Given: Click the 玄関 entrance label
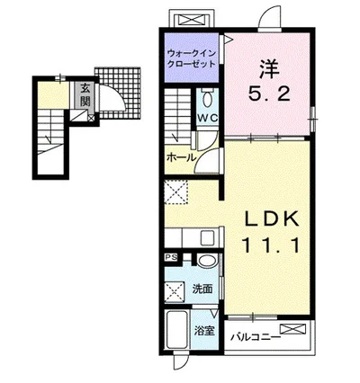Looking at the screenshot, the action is tap(85, 95).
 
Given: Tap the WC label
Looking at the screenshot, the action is tap(207, 118).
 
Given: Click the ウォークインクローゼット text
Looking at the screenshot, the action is tap(192, 58).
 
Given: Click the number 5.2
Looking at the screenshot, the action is tap(269, 94).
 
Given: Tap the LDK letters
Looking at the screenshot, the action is tap(273, 219).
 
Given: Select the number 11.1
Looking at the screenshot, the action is tap(271, 245).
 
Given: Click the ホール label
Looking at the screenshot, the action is tap(181, 157).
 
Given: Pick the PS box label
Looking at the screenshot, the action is tap(172, 257).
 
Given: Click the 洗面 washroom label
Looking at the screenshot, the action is tap(202, 289).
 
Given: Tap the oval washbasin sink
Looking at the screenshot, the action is tap(208, 261).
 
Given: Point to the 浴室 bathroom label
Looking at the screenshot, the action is tap(204, 331).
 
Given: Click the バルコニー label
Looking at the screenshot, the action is tap(256, 338).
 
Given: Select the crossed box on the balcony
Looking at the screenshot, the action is tap(294, 330).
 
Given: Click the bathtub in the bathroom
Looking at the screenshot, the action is tap(177, 329).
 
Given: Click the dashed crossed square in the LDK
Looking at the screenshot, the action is tap(176, 192).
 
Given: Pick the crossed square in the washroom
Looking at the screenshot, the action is tap(175, 290).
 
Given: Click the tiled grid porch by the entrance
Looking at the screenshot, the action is tap(120, 93).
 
